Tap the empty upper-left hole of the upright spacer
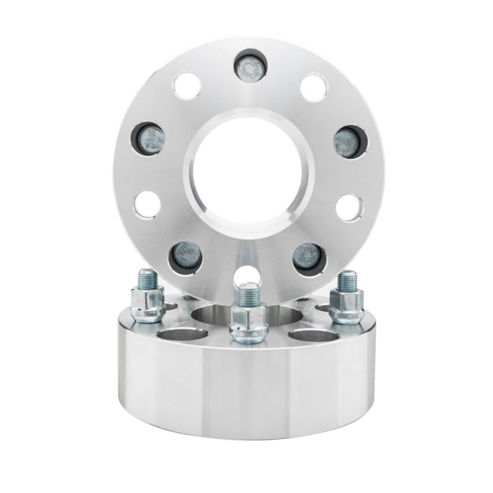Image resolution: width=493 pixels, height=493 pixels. (x=187, y=87)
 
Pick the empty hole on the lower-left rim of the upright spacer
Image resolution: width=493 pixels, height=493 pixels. (x=148, y=203)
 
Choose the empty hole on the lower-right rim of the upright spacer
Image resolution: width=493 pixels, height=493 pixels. (x=349, y=206)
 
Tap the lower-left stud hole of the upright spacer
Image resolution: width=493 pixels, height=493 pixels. (x=185, y=257)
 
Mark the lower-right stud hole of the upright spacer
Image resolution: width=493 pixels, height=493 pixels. (x=309, y=258)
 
